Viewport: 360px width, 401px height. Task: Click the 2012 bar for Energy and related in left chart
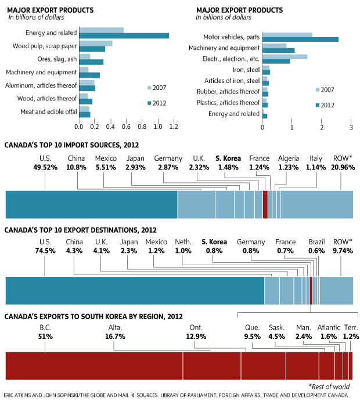coord(124,36)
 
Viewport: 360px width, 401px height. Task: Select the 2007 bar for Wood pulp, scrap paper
coord(96,44)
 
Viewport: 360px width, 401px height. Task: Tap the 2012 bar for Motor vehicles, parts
coord(300,39)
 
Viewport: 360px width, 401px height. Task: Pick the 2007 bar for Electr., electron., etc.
coord(285,57)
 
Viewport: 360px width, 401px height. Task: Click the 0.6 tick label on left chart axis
coord(126,127)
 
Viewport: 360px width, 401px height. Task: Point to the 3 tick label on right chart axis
coord(351,127)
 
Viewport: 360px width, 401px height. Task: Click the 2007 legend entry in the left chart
coord(157,88)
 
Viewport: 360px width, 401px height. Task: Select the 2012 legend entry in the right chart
coord(325,105)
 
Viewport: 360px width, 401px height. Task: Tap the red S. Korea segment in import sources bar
coord(265,205)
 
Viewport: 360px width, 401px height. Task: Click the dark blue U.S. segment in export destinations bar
coord(135,291)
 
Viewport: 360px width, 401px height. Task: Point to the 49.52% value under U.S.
coord(45,168)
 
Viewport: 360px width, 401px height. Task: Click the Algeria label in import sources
coord(289,158)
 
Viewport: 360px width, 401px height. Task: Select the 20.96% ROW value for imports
coord(343,168)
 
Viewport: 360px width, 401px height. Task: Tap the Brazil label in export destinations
coord(316,241)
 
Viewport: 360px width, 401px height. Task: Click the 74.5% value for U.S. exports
coord(45,251)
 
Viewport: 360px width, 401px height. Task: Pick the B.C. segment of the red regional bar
coord(94,366)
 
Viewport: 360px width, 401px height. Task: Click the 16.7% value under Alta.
coord(115,337)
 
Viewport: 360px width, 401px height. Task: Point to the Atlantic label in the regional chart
coord(329,327)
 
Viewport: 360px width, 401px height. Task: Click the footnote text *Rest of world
coord(329,386)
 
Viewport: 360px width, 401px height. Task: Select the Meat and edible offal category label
coord(49,112)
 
